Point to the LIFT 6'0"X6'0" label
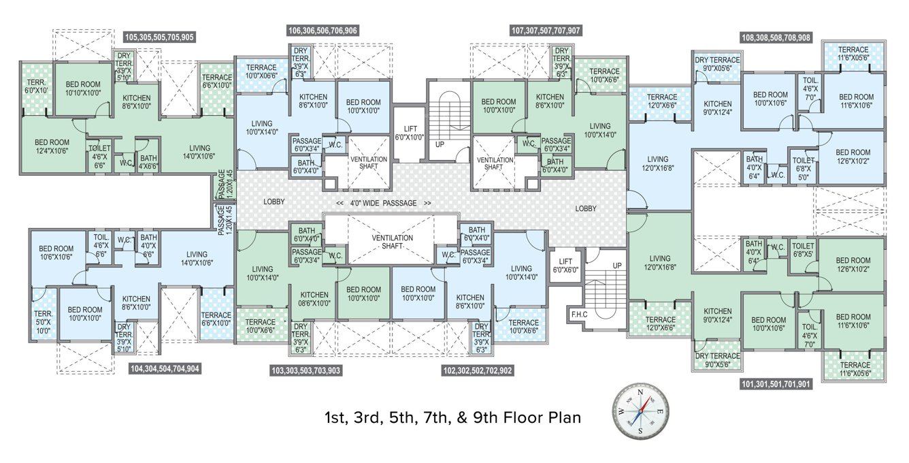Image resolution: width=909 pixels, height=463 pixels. [565, 266]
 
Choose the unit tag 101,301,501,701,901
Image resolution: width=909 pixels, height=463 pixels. [775, 384]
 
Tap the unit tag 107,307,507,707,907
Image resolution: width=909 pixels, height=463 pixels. [546, 31]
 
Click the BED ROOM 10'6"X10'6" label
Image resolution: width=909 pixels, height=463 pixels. [55, 253]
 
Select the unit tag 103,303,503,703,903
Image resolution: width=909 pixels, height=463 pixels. [305, 371]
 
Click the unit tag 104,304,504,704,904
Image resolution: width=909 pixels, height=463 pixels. [164, 368]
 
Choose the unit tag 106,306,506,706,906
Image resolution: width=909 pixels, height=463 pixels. [323, 31]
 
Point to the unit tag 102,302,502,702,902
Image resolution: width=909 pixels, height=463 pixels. [477, 371]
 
